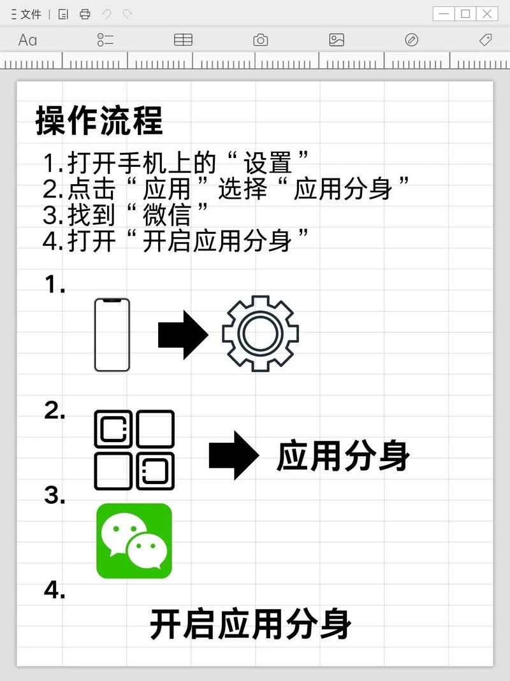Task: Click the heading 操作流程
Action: [x=99, y=120]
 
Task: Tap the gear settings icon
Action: [x=260, y=333]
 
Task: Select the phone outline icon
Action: [x=112, y=334]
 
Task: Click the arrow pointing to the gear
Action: [x=183, y=334]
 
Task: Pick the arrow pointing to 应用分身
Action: [x=234, y=455]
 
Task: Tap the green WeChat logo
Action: [x=134, y=541]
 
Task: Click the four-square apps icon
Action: [x=134, y=450]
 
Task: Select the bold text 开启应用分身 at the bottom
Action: [x=251, y=624]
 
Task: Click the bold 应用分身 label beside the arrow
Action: [x=343, y=456]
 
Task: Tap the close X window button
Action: [x=486, y=13]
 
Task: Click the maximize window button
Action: [x=465, y=13]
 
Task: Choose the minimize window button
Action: [x=444, y=13]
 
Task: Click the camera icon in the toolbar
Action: [x=260, y=40]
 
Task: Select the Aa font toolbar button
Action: [x=27, y=40]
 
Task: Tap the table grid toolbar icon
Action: [x=183, y=40]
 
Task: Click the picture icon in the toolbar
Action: [x=337, y=40]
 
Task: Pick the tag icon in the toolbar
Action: [x=485, y=40]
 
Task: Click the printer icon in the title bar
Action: [x=85, y=14]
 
